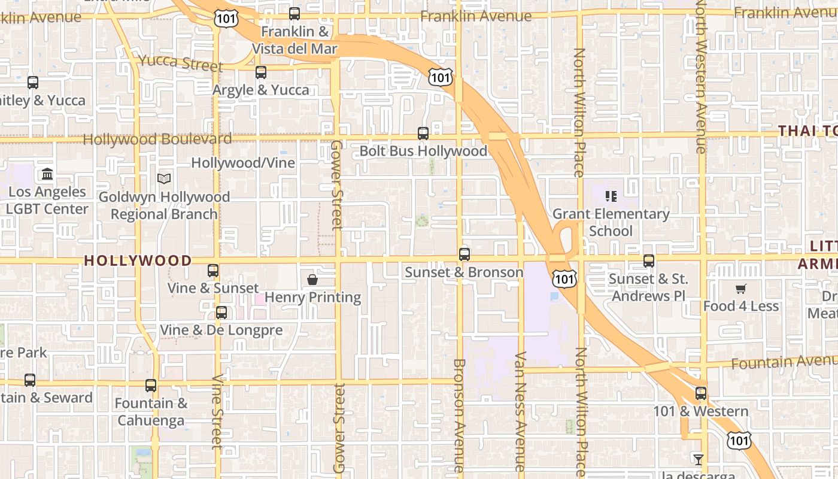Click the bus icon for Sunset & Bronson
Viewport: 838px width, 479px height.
click(x=464, y=254)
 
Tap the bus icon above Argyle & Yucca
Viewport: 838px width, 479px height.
click(x=261, y=72)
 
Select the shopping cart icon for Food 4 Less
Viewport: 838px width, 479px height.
click(x=740, y=289)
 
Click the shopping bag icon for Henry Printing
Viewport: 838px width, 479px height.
click(x=312, y=280)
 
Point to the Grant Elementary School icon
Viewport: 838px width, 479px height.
click(x=611, y=196)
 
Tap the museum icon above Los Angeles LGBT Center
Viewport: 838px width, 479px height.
click(x=47, y=174)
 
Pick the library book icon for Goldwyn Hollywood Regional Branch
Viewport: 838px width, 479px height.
click(x=163, y=178)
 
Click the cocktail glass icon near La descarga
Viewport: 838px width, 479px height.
click(x=698, y=460)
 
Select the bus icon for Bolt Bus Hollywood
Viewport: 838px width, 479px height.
click(x=423, y=134)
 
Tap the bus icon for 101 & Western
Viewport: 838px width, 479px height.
click(x=701, y=393)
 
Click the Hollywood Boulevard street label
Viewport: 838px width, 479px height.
click(x=157, y=140)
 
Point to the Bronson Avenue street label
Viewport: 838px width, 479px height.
click(x=459, y=414)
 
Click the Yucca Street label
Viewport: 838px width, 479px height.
click(x=181, y=62)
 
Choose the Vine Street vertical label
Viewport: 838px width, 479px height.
click(x=217, y=412)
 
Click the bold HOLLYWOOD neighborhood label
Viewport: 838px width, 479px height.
click(x=138, y=260)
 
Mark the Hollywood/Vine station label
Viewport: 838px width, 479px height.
click(x=243, y=163)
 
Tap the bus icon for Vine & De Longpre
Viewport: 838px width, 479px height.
click(x=221, y=313)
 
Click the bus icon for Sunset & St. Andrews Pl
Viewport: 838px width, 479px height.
click(x=649, y=261)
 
